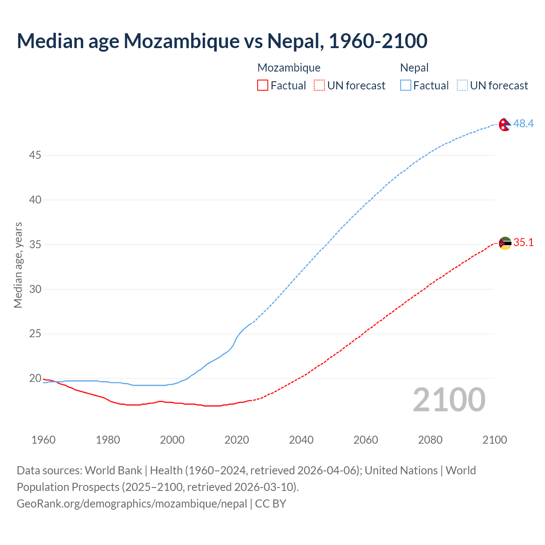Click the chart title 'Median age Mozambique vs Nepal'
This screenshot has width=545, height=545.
(x=221, y=41)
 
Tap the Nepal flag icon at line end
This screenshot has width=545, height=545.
(x=505, y=124)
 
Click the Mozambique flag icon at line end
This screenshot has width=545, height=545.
(x=505, y=243)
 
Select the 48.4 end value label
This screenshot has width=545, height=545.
(x=523, y=123)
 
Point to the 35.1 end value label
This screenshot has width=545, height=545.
(x=523, y=243)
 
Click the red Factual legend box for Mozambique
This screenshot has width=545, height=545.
(x=263, y=86)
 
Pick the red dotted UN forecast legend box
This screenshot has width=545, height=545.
(x=319, y=86)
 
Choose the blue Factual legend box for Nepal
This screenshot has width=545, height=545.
(x=405, y=86)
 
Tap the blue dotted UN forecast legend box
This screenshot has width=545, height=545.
(x=462, y=86)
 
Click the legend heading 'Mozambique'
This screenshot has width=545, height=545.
(x=289, y=68)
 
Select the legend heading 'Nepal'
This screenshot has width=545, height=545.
(x=414, y=68)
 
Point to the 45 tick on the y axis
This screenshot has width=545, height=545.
(x=35, y=155)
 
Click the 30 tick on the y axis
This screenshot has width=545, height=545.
(x=35, y=289)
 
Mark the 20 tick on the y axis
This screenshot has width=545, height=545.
(x=35, y=378)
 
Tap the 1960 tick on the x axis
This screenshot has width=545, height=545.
(x=43, y=440)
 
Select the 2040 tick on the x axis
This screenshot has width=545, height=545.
(x=301, y=440)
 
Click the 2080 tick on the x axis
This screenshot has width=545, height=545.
(x=430, y=440)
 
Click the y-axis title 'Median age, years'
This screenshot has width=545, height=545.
(x=18, y=265)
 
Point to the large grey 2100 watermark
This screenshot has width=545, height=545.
(x=449, y=400)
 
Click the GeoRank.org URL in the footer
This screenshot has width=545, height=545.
(x=132, y=504)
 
